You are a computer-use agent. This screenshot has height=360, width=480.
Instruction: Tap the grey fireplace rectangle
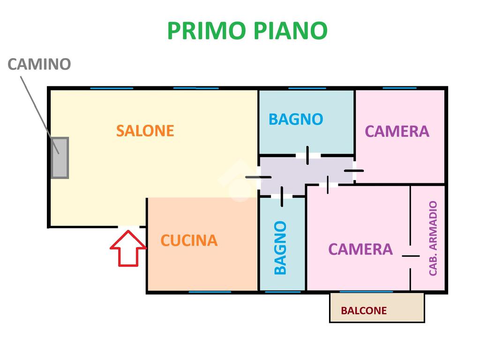coord(60,157)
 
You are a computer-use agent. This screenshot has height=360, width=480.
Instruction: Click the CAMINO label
coord(39,64)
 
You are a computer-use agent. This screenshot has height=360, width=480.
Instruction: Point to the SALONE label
coord(145,130)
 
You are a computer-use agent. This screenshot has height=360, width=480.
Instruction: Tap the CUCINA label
coord(189,240)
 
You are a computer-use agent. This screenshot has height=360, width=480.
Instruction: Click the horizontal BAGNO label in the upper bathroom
coord(296,119)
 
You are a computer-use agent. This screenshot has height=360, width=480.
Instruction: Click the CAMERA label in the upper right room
coord(397,131)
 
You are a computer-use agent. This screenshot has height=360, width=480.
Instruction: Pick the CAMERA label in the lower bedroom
coord(360,249)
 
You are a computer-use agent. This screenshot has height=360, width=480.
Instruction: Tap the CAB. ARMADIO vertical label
coord(433,238)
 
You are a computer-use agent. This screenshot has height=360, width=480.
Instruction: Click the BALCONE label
coord(364,310)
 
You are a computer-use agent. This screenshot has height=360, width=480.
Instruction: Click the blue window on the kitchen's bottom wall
coord(210,292)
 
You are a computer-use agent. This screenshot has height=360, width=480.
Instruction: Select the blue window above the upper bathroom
coord(307,88)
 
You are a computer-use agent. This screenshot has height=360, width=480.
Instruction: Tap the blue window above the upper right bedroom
coord(399,88)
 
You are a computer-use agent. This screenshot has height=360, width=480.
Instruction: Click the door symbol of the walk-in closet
coord(411,256)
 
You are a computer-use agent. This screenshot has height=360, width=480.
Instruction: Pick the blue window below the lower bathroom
coord(283,292)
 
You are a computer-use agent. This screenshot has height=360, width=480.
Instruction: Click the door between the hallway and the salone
coord(258,177)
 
